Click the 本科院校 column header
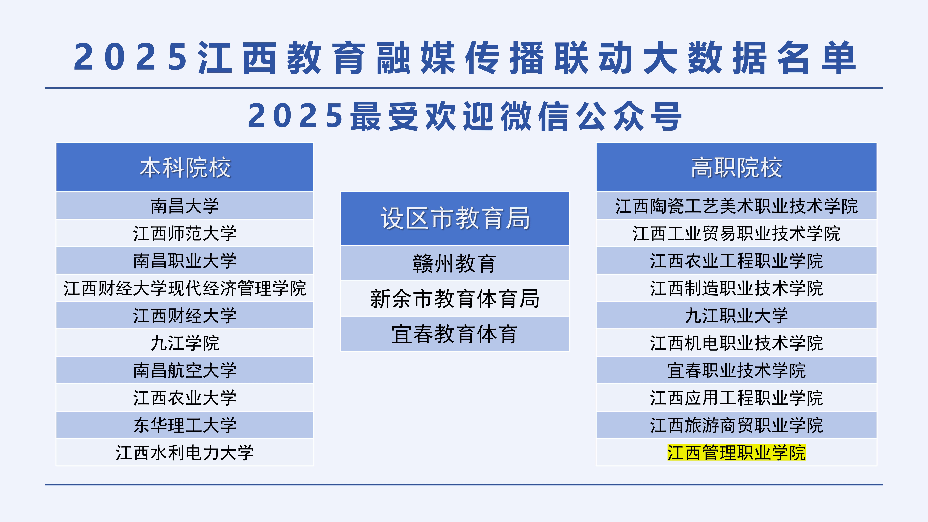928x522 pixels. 185,168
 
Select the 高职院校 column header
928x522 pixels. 736,168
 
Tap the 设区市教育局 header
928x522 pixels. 455,218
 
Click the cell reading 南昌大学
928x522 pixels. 185,206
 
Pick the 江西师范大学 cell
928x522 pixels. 185,233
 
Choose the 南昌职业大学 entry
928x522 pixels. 185,261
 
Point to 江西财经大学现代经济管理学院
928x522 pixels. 185,288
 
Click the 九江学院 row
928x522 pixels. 185,343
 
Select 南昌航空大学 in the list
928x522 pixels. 185,370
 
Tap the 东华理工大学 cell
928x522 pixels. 185,425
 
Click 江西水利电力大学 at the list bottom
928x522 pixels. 185,452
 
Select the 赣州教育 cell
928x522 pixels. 455,263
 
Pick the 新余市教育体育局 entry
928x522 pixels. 455,299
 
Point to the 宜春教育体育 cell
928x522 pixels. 455,334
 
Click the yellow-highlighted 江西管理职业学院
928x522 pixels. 736,452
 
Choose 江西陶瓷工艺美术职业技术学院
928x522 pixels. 736,206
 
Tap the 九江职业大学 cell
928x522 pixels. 736,316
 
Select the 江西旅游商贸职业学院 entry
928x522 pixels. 736,425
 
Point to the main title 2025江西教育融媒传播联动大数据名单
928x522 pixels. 465,58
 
